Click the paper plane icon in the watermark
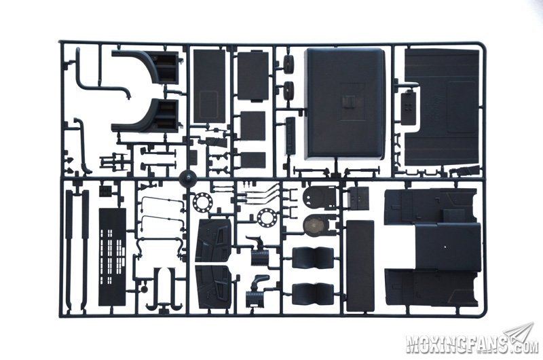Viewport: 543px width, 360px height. pyautogui.click(x=522, y=331)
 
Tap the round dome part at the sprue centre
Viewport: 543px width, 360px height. pyautogui.click(x=188, y=179)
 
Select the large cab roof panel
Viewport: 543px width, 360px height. pyautogui.click(x=345, y=103)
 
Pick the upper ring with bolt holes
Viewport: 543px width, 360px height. pyautogui.click(x=202, y=202)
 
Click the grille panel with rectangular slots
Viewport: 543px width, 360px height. pyautogui.click(x=112, y=257)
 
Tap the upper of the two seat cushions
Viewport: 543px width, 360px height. pyautogui.click(x=313, y=257)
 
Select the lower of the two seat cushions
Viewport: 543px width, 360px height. pyautogui.click(x=313, y=294)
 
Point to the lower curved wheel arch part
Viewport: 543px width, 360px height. pyautogui.click(x=145, y=115)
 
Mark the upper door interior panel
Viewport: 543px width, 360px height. pyautogui.click(x=214, y=240)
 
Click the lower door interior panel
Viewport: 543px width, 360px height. pyautogui.click(x=214, y=287)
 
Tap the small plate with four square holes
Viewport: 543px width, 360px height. pyautogui.click(x=409, y=105)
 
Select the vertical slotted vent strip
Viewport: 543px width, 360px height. pyautogui.click(x=291, y=136)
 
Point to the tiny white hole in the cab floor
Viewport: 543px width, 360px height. pyautogui.click(x=445, y=247)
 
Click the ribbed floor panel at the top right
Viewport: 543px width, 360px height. pyautogui.click(x=442, y=107)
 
